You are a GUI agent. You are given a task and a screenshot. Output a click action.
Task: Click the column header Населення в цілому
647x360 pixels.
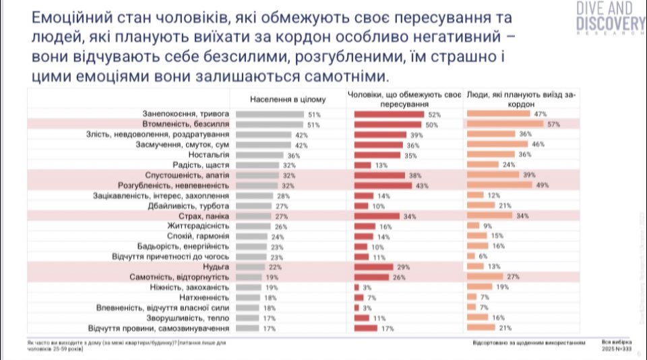coord(288,99)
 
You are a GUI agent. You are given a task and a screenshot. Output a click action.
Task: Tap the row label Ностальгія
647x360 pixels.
coord(214,154)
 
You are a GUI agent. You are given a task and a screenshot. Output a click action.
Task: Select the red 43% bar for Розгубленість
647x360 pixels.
coord(383,185)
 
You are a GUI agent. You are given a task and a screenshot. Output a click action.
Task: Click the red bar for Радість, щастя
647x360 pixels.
coord(363,164)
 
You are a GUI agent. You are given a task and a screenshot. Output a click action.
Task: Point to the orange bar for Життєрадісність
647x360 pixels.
coord(472,226)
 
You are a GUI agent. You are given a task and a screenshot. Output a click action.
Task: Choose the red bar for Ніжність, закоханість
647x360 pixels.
coord(357,287)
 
